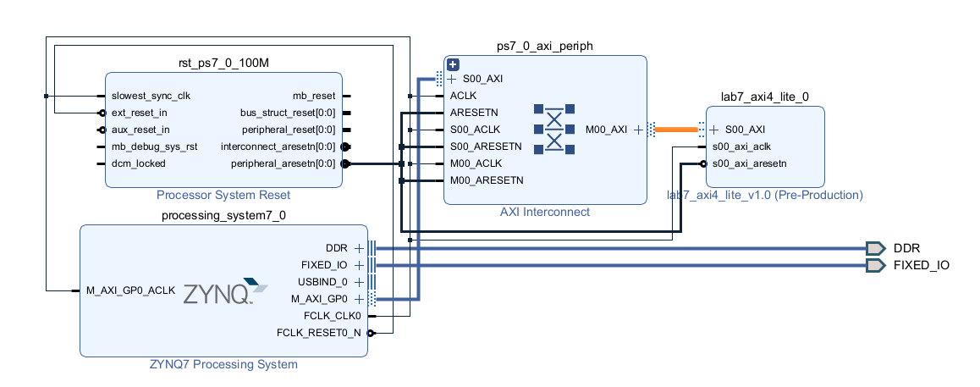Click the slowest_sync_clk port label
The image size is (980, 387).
pos(151,96)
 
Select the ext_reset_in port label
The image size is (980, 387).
pos(140,113)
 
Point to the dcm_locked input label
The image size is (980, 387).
pos(139,163)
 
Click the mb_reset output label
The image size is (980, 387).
pos(313,96)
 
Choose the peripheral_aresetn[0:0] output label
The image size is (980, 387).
pos(283,163)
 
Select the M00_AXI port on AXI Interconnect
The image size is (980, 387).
pos(607,130)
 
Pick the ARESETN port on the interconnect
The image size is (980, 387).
pos(474,112)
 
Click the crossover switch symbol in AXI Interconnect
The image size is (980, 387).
pos(554,130)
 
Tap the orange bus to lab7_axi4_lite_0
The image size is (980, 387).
pos(676,130)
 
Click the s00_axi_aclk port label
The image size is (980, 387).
pos(741,147)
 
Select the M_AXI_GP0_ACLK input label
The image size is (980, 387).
pos(131,290)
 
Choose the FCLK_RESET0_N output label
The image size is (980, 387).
pos(318,333)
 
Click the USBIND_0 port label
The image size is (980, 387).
pos(322,282)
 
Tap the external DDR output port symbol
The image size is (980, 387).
pos(875,248)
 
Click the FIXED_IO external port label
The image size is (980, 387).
pos(921,265)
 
